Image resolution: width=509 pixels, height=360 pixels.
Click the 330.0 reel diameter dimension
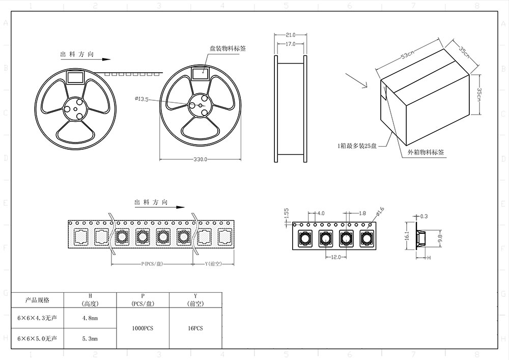pos(200,159)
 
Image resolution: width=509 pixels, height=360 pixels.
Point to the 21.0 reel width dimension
pos(290,35)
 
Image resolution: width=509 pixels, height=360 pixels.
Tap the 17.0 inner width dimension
pos(290,44)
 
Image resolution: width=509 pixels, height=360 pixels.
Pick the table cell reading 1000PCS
pos(143,328)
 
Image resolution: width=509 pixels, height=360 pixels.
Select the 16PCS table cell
pos(195,328)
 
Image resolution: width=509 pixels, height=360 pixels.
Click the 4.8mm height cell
pos(90,318)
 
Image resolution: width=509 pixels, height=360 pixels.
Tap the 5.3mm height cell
pos(90,338)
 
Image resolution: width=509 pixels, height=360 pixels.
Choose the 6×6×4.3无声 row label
pos(37,318)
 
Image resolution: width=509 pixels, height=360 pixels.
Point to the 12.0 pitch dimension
pos(336,257)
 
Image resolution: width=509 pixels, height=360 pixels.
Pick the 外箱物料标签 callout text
pos(427,152)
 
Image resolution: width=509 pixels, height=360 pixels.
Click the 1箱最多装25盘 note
pos(357,146)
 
